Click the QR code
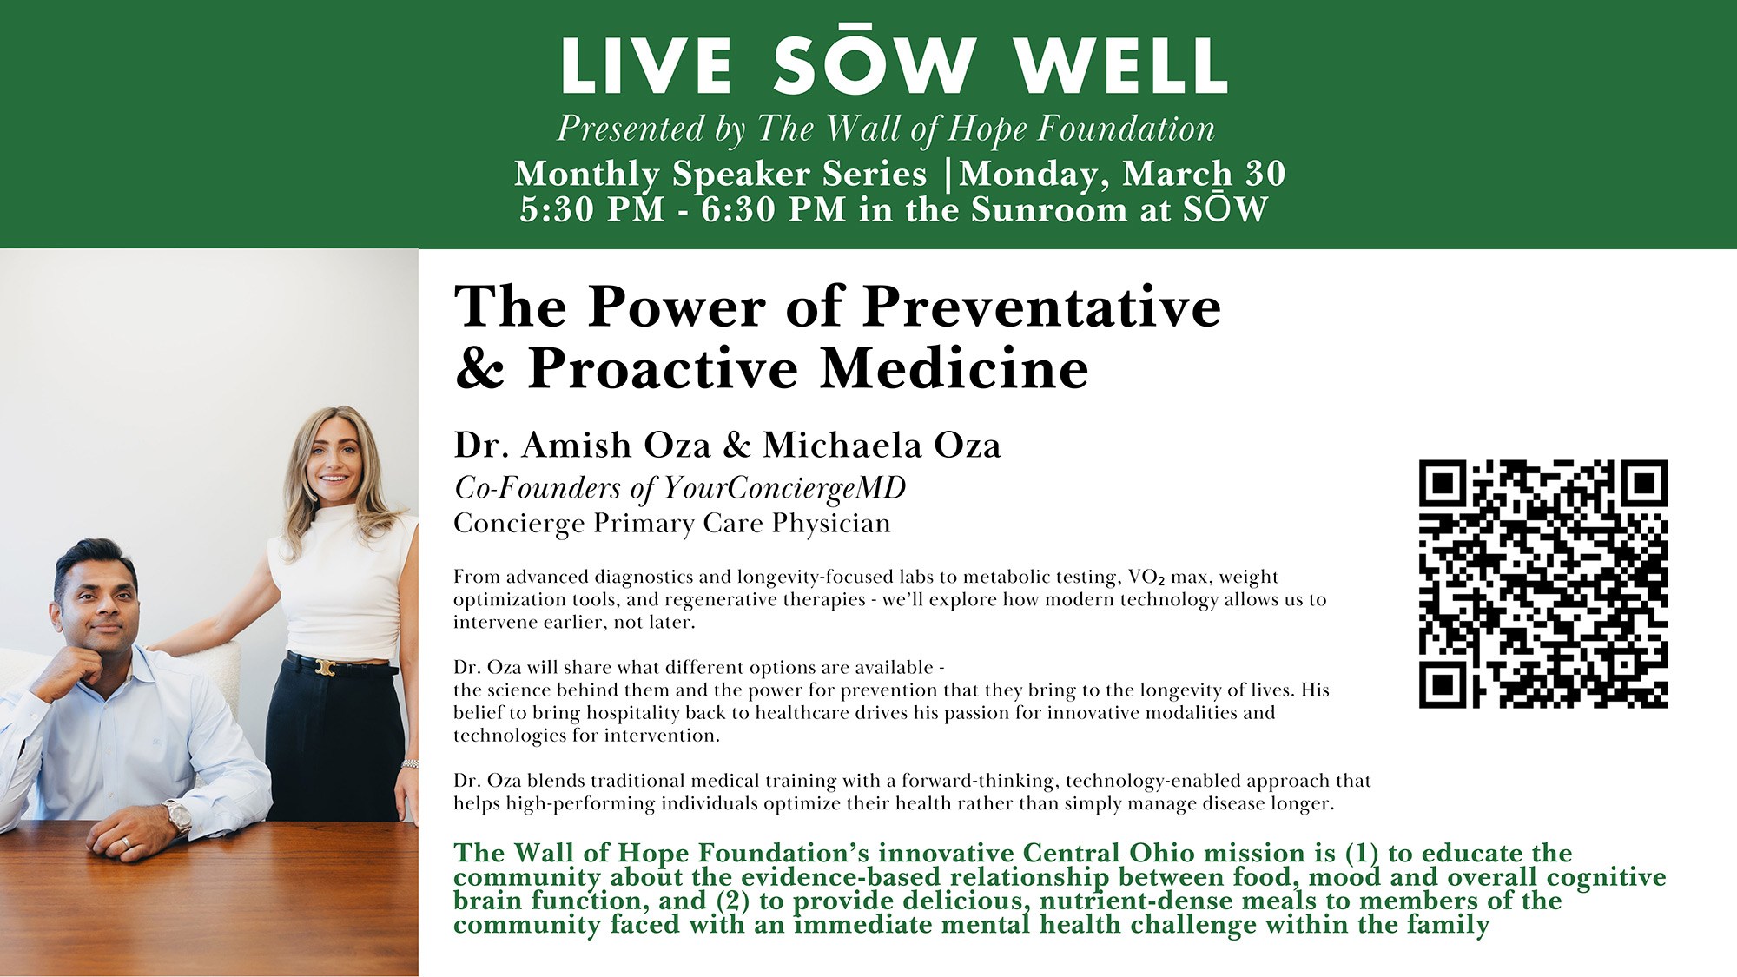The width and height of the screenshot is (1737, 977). (1543, 584)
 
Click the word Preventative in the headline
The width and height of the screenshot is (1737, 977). (1042, 307)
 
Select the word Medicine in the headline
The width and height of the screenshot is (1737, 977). (954, 368)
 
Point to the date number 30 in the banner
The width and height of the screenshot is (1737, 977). (1265, 174)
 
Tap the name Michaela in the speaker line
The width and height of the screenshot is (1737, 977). (842, 445)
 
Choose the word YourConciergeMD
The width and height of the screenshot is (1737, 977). (784, 489)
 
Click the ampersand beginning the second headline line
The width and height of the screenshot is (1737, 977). (479, 368)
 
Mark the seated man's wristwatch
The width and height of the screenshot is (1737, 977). (178, 816)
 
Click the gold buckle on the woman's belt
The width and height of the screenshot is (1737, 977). (326, 667)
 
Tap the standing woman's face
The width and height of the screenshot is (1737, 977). (335, 462)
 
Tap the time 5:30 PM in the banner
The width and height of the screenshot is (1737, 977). (592, 210)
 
